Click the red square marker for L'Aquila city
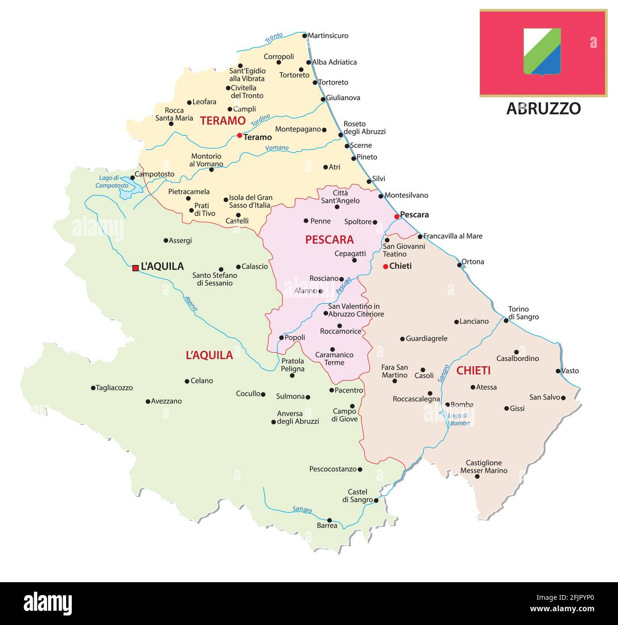pyautogui.click(x=135, y=268)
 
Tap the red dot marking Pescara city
pyautogui.click(x=396, y=216)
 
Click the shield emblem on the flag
pyautogui.click(x=542, y=51)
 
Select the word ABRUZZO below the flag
pyautogui.click(x=543, y=109)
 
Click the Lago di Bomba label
pyautogui.click(x=459, y=419)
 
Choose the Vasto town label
pyautogui.click(x=570, y=371)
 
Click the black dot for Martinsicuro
pyautogui.click(x=304, y=36)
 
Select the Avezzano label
pyautogui.click(x=166, y=401)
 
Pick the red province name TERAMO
pyautogui.click(x=222, y=121)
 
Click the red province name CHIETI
pyautogui.click(x=473, y=371)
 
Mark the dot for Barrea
pyautogui.click(x=329, y=520)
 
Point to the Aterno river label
pyautogui.click(x=191, y=303)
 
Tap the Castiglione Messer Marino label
pyautogui.click(x=483, y=467)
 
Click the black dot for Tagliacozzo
pyautogui.click(x=93, y=388)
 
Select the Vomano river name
pyautogui.click(x=277, y=148)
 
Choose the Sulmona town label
pyautogui.click(x=290, y=396)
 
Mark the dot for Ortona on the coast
pyautogui.click(x=459, y=264)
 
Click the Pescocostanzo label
pyautogui.click(x=333, y=469)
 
